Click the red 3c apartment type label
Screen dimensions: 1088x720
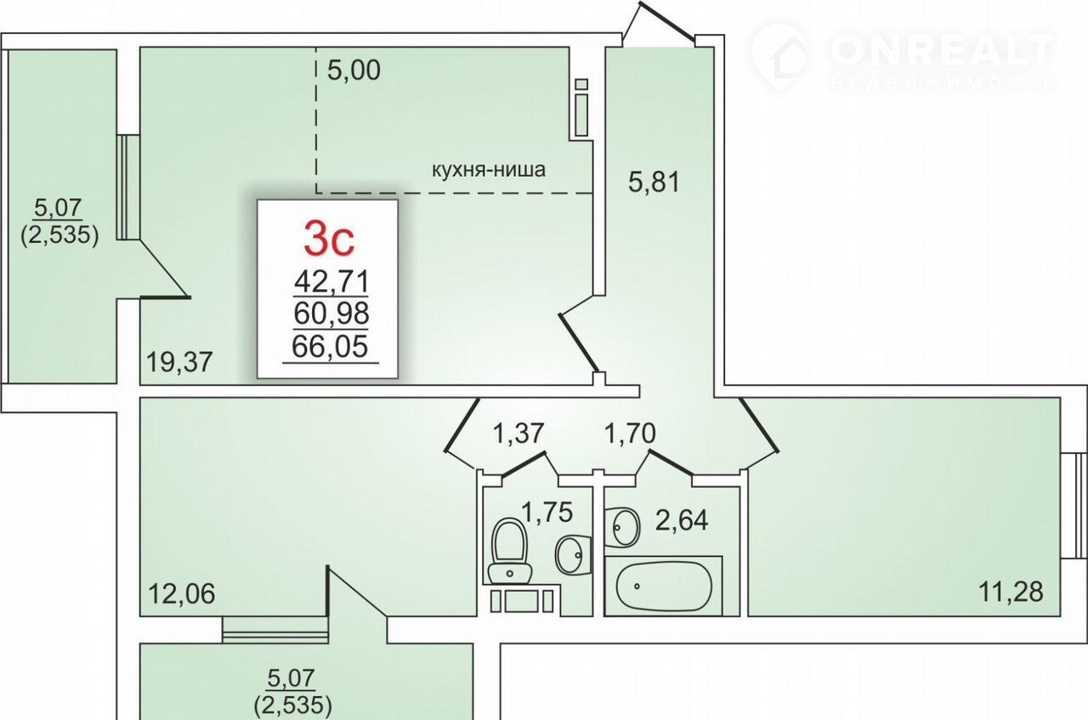point(329,238)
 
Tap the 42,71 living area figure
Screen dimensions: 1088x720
point(331,281)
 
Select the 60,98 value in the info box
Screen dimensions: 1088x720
point(331,314)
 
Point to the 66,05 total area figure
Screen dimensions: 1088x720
point(330,346)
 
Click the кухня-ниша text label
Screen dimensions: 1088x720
point(489,169)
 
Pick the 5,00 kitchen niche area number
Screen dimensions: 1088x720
point(354,71)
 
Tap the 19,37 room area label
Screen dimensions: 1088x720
point(179,362)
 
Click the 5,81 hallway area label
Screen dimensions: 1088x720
point(654,182)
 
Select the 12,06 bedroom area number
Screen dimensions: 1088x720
point(182,593)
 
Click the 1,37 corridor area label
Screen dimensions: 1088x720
point(518,433)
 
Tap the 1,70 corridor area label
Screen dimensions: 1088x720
point(630,433)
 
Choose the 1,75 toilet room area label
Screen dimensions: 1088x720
point(547,512)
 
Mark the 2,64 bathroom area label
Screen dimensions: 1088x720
point(682,520)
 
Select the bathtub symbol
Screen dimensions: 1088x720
point(663,586)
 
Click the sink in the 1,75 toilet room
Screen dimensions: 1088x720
point(573,554)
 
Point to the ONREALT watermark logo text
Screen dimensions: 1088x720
point(939,51)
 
